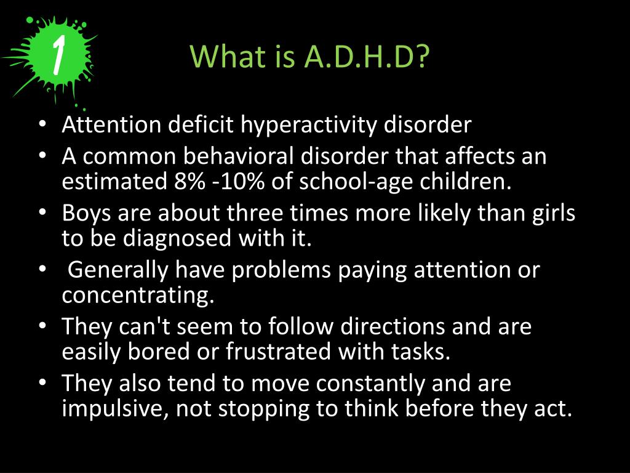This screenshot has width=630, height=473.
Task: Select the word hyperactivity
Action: (x=309, y=125)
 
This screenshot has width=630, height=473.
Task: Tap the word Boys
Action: (x=86, y=214)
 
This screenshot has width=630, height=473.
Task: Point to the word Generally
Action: (x=116, y=270)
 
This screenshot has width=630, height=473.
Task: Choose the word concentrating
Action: (x=138, y=295)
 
